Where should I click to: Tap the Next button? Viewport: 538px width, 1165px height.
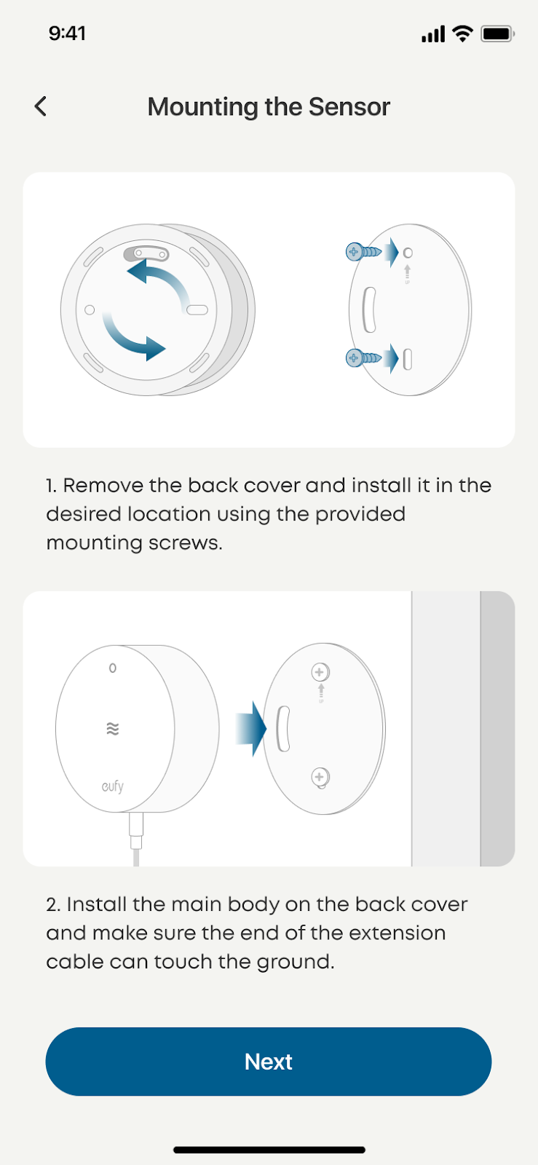(x=268, y=1062)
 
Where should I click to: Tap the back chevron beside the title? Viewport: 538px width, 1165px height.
(x=41, y=106)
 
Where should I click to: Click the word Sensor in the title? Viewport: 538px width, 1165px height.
(x=349, y=106)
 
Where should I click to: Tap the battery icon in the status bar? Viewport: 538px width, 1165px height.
(x=497, y=33)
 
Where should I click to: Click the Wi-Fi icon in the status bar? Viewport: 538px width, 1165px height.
(x=462, y=33)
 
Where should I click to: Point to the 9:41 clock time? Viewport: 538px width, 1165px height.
(x=67, y=33)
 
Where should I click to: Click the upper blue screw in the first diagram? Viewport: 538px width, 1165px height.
(x=363, y=252)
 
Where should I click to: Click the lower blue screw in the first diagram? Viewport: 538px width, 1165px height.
(x=363, y=358)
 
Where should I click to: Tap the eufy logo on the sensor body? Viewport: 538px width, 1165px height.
(x=113, y=786)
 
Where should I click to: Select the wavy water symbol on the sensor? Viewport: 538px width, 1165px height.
(x=113, y=729)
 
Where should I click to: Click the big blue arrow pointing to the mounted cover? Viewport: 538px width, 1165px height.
(x=251, y=729)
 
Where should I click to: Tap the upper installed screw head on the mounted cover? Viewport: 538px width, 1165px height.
(x=320, y=672)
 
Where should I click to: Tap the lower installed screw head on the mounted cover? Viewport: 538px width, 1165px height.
(x=320, y=777)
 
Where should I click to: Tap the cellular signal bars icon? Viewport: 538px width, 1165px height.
(x=433, y=33)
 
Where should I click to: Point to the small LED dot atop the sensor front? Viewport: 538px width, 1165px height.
(x=113, y=668)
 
